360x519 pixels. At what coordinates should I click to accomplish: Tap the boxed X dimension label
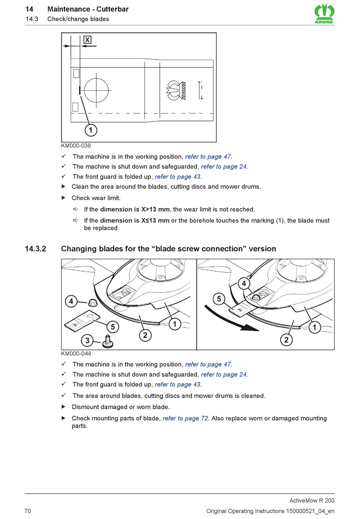tap(88, 40)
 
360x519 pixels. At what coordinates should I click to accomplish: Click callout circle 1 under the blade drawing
tap(91, 130)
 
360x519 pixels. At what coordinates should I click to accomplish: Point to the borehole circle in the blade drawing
tap(96, 91)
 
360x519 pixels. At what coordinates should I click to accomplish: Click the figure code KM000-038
tap(76, 146)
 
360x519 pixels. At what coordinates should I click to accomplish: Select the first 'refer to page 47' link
tap(208, 157)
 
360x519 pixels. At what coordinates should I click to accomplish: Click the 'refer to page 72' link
tap(185, 418)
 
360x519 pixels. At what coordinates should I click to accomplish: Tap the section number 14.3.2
tap(35, 249)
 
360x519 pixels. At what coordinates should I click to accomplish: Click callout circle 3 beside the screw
tap(88, 340)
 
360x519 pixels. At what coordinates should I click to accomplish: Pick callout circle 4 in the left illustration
tap(71, 302)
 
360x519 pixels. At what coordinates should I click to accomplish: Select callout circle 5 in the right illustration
tap(219, 299)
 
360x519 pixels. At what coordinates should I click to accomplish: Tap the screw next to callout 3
tap(108, 341)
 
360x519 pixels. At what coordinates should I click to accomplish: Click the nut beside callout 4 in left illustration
tap(92, 303)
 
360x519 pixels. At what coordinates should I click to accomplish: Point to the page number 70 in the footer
tap(28, 511)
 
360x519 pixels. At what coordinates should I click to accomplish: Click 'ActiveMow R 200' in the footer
tap(311, 500)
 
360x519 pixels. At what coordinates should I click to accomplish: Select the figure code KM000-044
tap(76, 353)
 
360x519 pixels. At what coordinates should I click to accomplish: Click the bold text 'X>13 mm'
tap(155, 209)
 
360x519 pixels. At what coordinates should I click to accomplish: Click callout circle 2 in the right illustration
tap(286, 340)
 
